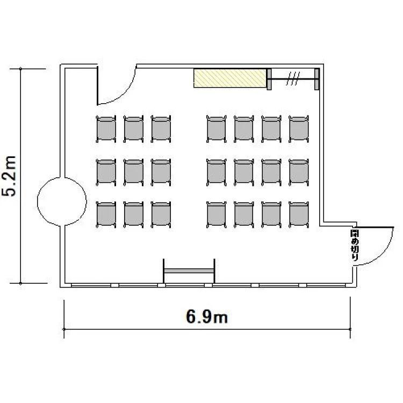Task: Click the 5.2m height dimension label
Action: tap(9, 176)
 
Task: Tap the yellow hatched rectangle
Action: tap(230, 78)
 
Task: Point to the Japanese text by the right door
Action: tap(355, 246)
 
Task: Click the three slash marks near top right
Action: tap(293, 78)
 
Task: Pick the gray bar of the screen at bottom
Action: tap(189, 271)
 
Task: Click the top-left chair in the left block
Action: tap(106, 129)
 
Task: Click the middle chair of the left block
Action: tap(134, 172)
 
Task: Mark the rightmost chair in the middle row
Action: tap(299, 172)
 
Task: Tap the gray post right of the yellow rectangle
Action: tap(269, 79)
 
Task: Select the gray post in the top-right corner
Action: tap(317, 79)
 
